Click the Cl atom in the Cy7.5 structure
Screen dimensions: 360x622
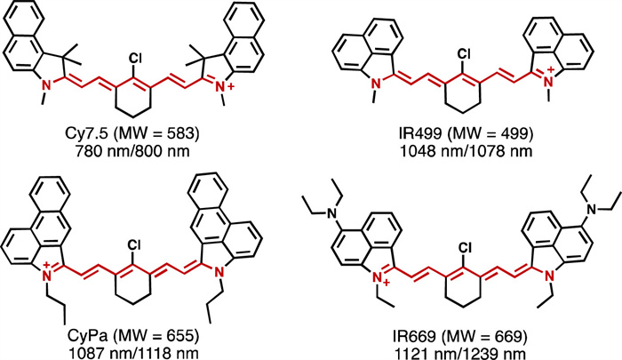pos(136,57)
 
